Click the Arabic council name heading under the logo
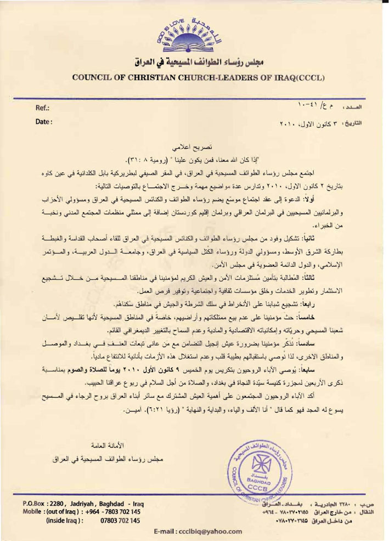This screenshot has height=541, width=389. coord(194,61)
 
